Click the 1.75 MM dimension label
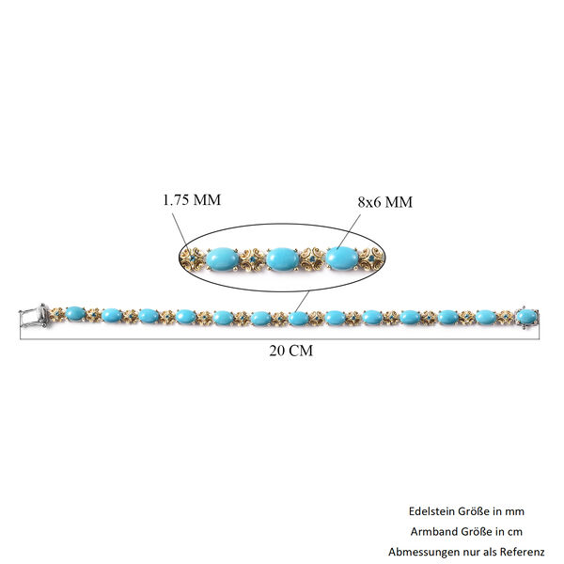point(192,200)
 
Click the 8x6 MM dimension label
point(384,202)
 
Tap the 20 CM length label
point(291,351)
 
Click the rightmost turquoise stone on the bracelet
point(526,317)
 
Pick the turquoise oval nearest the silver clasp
point(76,314)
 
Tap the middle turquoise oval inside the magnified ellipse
point(283,259)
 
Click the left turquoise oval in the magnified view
point(223,259)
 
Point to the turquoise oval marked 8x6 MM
point(342,258)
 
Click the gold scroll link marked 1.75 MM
point(193,258)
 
